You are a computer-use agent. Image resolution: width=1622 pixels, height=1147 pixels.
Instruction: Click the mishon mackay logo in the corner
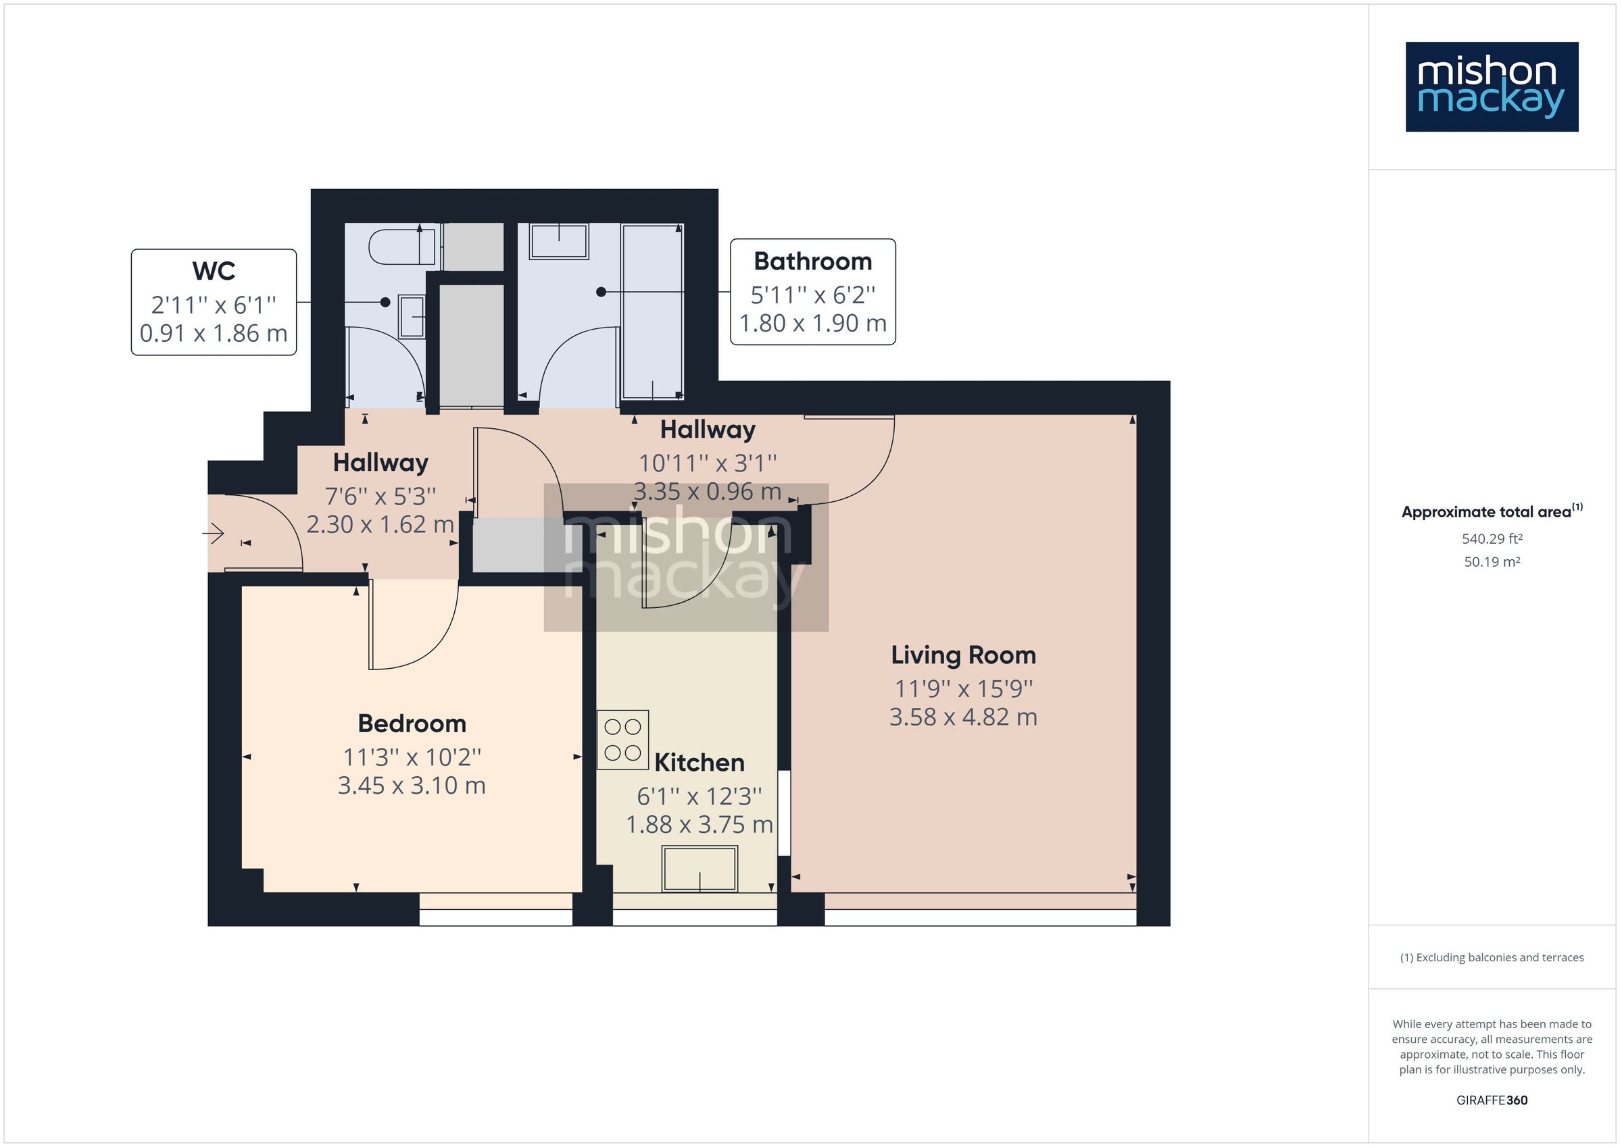click(1492, 87)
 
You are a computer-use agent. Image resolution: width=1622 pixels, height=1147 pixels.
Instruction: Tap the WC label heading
click(214, 271)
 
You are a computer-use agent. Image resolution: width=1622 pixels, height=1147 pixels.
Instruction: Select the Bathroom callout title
click(812, 261)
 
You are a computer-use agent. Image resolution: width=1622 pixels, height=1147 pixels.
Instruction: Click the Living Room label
click(963, 655)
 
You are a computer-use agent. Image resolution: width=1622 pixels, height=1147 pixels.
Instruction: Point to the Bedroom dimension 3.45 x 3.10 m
click(411, 786)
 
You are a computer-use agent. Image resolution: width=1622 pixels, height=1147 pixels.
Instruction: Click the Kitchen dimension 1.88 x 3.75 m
click(699, 824)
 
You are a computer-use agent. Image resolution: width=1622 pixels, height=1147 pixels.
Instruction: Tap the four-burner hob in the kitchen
click(622, 740)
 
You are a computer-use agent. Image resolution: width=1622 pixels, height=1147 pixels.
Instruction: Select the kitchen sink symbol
click(699, 869)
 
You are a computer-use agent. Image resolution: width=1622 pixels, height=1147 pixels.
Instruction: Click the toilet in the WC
click(400, 247)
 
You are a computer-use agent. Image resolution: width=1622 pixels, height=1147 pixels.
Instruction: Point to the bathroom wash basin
click(559, 242)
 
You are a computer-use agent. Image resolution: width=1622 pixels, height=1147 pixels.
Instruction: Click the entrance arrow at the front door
click(214, 533)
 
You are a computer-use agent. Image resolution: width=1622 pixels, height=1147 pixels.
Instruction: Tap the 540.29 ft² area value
click(1492, 539)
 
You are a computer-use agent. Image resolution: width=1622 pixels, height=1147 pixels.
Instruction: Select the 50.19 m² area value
click(1492, 562)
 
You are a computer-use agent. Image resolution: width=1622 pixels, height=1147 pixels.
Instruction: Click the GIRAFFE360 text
click(1492, 1100)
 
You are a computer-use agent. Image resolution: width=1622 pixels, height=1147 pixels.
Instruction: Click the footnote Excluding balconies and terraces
click(1492, 958)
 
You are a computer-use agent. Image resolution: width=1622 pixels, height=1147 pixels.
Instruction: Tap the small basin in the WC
click(411, 317)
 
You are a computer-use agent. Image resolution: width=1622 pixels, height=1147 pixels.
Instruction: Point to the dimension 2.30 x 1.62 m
click(380, 525)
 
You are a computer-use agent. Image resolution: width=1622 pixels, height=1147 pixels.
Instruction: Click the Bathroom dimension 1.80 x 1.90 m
click(812, 324)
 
